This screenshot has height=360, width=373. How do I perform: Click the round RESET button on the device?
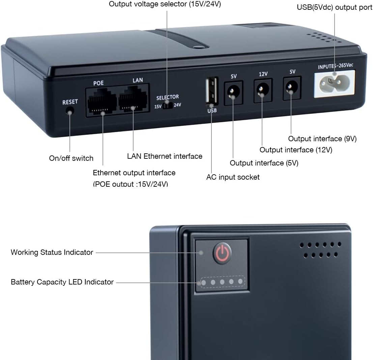tap(70, 111)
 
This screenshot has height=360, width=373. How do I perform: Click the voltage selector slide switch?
tap(168, 106)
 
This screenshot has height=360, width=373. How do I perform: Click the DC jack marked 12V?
tap(262, 90)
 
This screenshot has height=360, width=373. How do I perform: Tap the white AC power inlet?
tap(334, 84)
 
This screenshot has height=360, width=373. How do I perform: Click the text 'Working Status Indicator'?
tap(52, 252)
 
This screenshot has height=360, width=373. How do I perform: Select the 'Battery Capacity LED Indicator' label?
tap(62, 282)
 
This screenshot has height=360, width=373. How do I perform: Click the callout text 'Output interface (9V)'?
tap(322, 139)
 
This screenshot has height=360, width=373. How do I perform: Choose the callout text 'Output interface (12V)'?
tap(296, 150)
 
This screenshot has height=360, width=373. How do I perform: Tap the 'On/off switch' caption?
tap(71, 158)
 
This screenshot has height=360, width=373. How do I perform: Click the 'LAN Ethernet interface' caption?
tap(165, 156)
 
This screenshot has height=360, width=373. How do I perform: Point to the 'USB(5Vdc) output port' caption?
tap(335, 7)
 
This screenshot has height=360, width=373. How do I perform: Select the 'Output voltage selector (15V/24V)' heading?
tap(165, 4)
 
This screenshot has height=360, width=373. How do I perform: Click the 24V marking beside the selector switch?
tap(177, 105)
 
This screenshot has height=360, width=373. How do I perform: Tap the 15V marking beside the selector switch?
tap(158, 106)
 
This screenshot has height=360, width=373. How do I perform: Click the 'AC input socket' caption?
tap(233, 177)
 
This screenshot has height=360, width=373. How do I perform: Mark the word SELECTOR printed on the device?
tap(168, 97)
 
